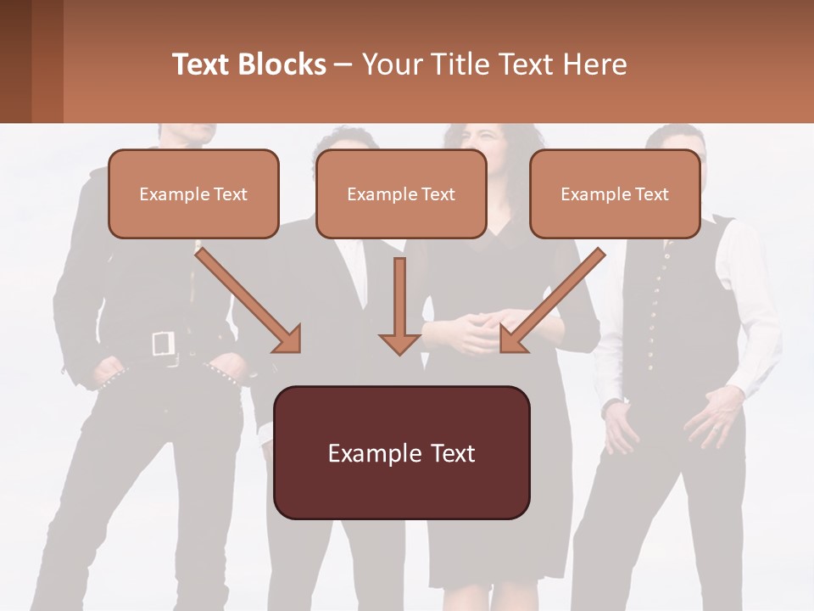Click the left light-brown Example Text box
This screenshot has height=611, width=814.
point(193,193)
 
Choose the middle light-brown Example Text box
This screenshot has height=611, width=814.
point(401,193)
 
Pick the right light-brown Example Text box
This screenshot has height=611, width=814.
point(615,193)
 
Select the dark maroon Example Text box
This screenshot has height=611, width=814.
point(401,452)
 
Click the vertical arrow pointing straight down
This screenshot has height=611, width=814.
point(399,305)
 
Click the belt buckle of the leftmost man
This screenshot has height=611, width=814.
point(163,344)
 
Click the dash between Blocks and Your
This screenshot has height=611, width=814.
point(343,64)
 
